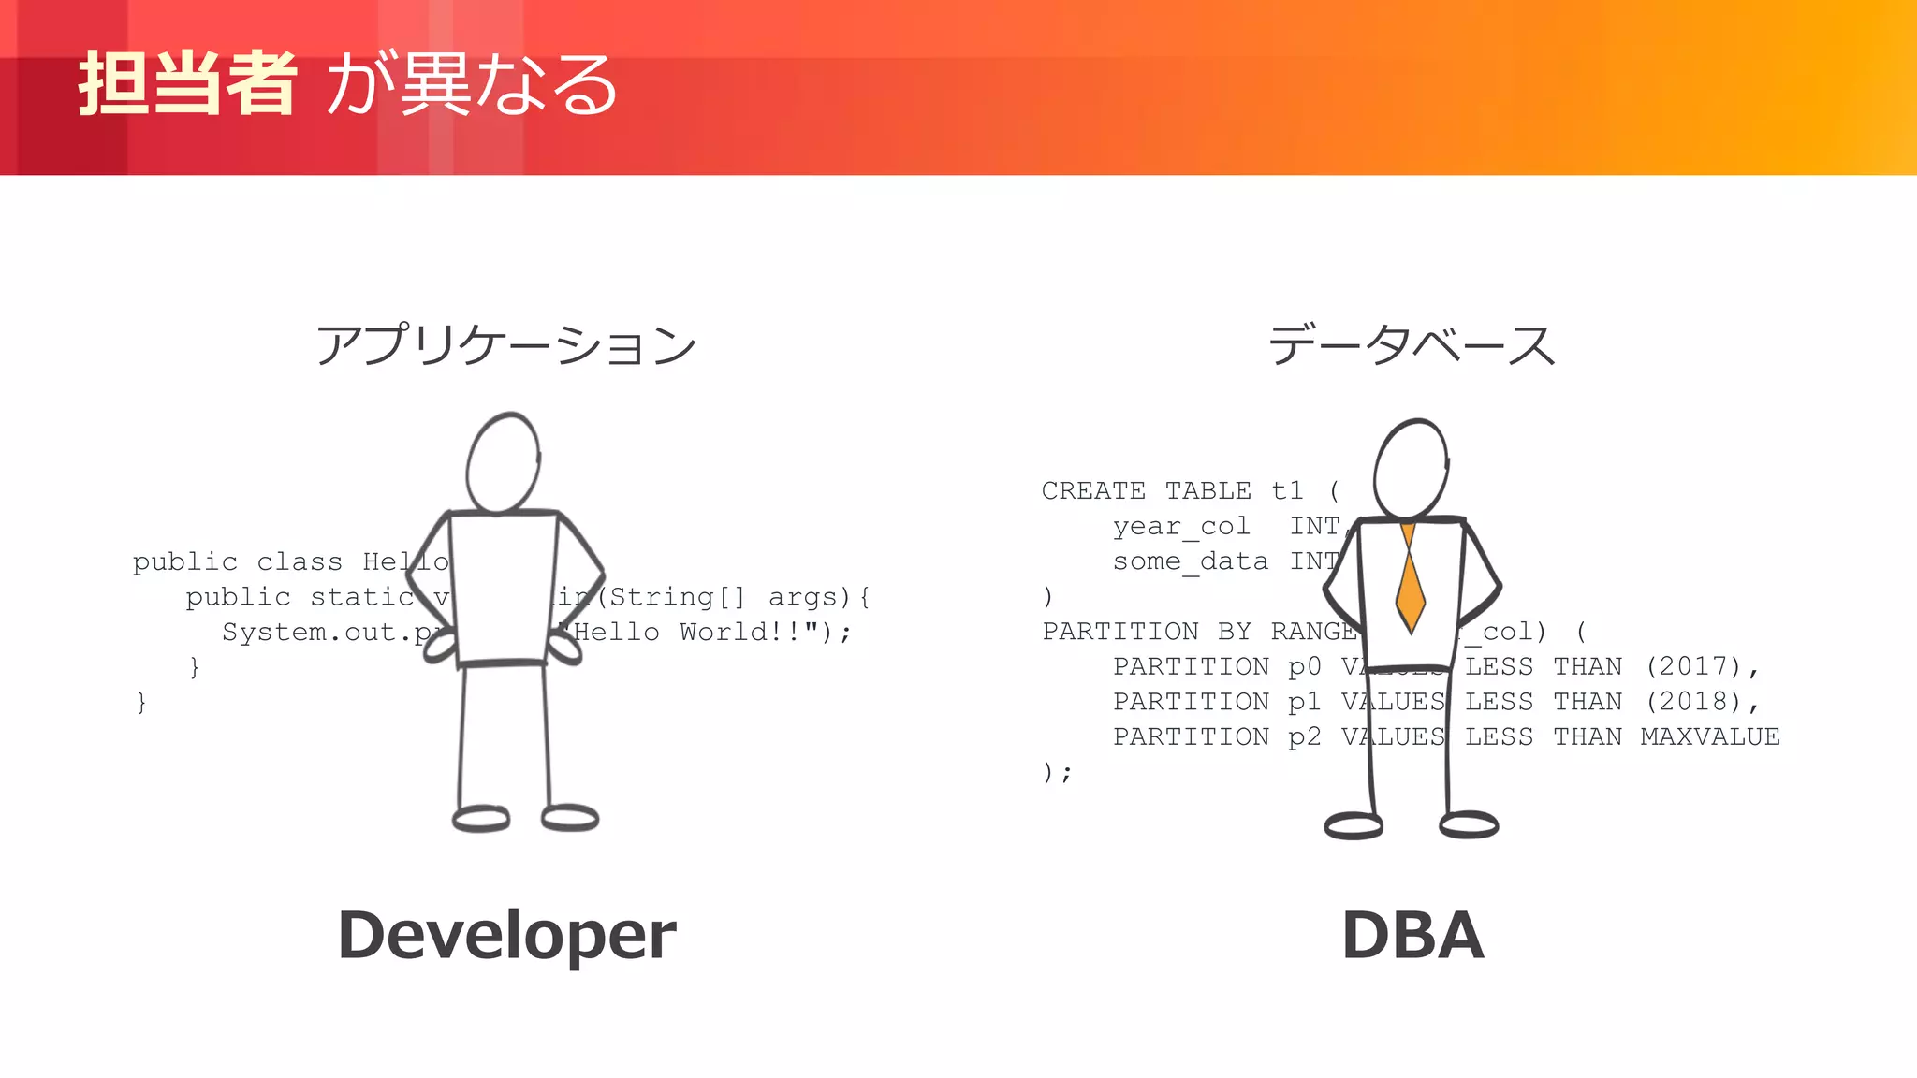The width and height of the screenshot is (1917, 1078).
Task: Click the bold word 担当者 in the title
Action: (x=187, y=84)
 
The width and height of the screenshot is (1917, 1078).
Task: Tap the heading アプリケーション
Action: (x=505, y=345)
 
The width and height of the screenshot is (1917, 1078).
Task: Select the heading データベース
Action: (x=1412, y=345)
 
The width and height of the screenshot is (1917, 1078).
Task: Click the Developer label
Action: (x=506, y=935)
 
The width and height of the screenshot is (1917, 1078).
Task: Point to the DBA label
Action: (x=1412, y=935)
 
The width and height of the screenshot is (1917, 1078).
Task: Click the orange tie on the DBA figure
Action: (x=1410, y=585)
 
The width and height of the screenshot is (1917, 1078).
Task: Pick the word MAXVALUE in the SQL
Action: (x=1710, y=737)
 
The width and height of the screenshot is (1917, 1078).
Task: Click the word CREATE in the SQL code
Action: (x=1093, y=491)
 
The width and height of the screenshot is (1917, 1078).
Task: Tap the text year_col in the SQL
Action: (x=1181, y=527)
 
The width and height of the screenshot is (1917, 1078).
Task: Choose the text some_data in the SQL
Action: (x=1191, y=561)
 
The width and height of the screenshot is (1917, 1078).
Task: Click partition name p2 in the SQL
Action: (x=1304, y=737)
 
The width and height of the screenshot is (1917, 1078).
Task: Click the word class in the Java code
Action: (x=300, y=562)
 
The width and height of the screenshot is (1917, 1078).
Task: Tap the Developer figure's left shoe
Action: (x=481, y=819)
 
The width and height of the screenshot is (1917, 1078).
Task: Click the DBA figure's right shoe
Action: (x=1469, y=824)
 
